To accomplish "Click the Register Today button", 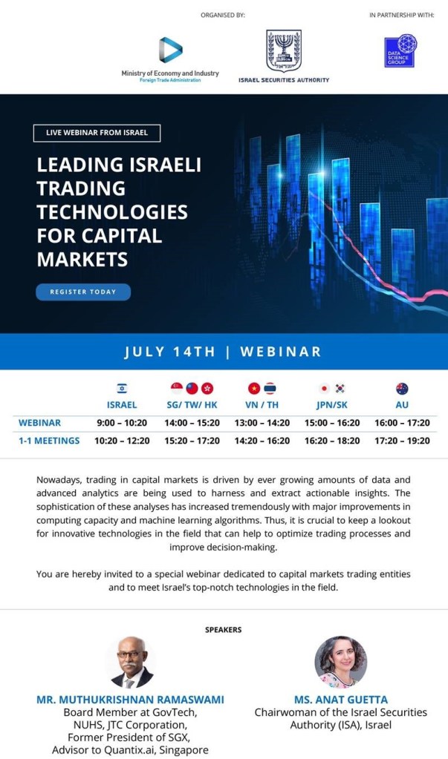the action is pos(83,292).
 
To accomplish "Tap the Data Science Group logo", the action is pos(400,50).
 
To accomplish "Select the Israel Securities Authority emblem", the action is pos(284,51).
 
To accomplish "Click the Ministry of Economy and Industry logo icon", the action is pos(171,50).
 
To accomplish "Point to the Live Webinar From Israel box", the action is pos(97,133).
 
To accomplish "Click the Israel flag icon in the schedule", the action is pos(122,388).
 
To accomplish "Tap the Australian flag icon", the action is pos(402,388).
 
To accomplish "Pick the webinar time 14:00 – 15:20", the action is pos(192,423).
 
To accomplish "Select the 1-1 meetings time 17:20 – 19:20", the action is pos(402,441).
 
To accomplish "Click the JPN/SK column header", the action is pos(331,404).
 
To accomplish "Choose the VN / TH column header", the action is pos(262,404).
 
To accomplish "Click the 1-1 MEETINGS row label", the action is pos(49,441).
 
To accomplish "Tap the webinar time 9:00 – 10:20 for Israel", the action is pos(122,423).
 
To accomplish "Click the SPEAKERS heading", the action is pos(223,630).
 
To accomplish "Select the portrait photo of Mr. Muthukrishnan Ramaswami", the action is pos(132,663).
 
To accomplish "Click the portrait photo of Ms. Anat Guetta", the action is pos(340,662).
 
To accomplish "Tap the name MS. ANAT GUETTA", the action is pos(341,700).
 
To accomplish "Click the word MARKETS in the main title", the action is pos(82,260).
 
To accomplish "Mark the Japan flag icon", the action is pos(325,388).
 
